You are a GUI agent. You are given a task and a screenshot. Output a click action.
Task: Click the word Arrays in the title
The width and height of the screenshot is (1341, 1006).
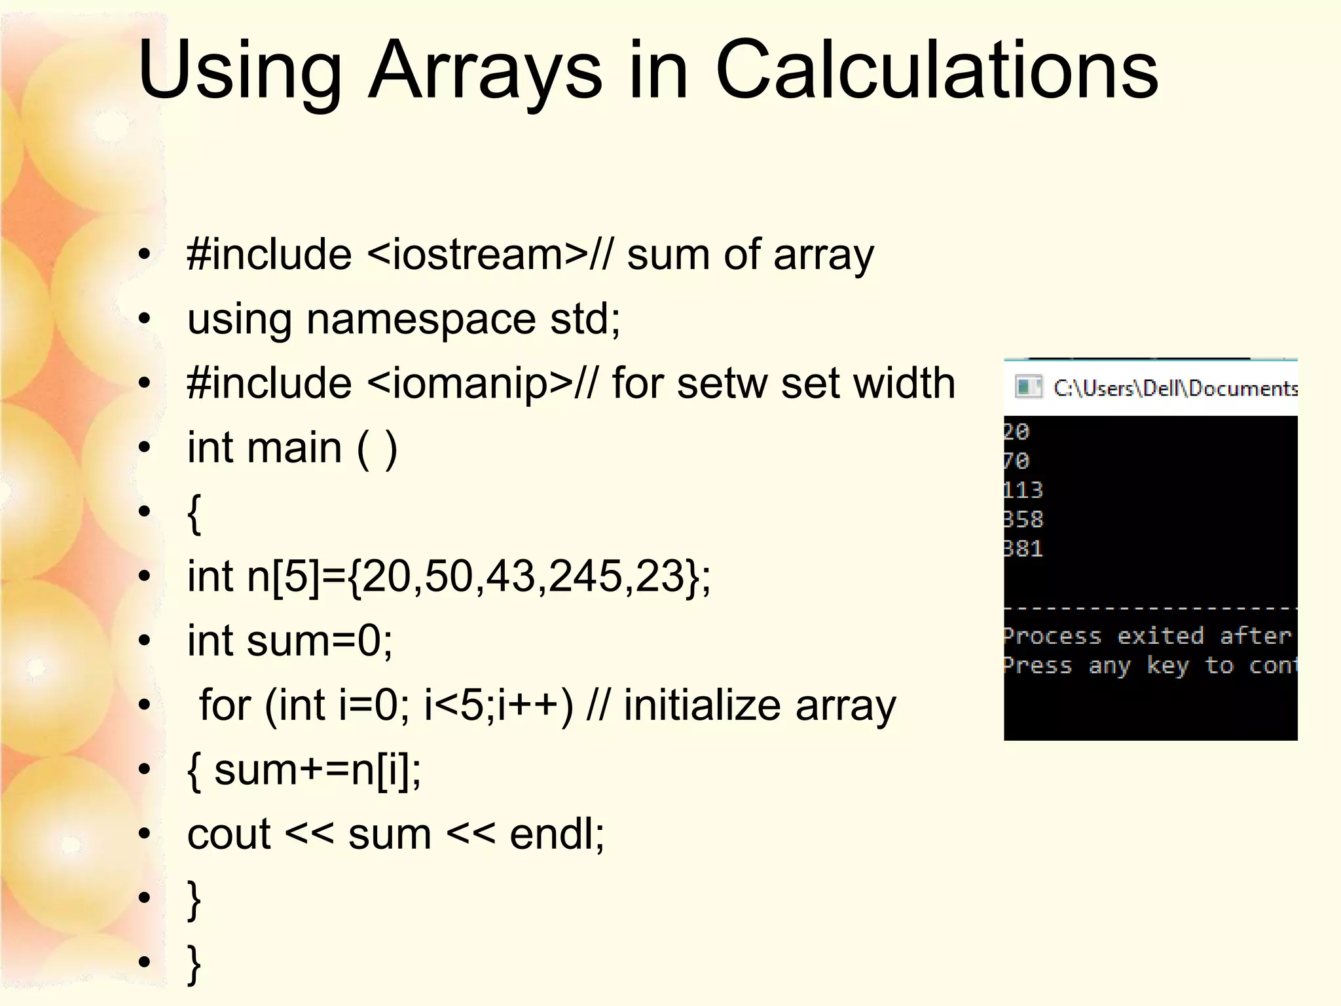pyautogui.click(x=485, y=71)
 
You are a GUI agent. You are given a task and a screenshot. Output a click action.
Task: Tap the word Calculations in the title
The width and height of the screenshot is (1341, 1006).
pyautogui.click(x=936, y=71)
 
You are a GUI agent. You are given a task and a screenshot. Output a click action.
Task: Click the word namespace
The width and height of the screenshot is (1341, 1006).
pyautogui.click(x=421, y=320)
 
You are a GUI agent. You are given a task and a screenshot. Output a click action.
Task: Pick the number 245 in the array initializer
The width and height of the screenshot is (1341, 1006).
pyautogui.click(x=585, y=577)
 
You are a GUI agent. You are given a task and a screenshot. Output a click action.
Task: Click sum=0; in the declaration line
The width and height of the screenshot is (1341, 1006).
pyautogui.click(x=320, y=641)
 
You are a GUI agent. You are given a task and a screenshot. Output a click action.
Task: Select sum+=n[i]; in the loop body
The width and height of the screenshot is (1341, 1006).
pyautogui.click(x=318, y=770)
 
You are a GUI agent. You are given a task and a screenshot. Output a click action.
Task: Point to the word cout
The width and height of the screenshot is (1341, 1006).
pyautogui.click(x=229, y=834)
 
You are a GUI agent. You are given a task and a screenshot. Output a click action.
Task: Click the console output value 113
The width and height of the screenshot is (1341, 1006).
pyautogui.click(x=1023, y=490)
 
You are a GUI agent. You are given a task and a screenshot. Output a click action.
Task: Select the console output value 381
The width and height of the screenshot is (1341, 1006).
pyautogui.click(x=1023, y=548)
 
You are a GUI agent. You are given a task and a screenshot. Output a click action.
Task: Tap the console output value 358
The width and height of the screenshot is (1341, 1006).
pyautogui.click(x=1023, y=519)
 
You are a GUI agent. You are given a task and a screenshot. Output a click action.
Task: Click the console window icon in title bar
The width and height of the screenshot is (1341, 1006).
pyautogui.click(x=1028, y=387)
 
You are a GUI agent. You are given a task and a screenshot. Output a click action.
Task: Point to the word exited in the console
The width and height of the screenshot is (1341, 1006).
pyautogui.click(x=1160, y=635)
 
